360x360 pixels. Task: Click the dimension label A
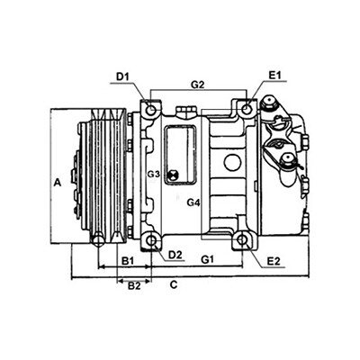pyautogui.click(x=58, y=182)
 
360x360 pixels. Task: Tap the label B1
pyautogui.click(x=128, y=261)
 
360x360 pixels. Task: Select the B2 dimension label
pyautogui.click(x=134, y=286)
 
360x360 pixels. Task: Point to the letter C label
pyautogui.click(x=174, y=284)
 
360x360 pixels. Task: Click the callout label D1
pyautogui.click(x=122, y=77)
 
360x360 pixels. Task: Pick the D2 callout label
pyautogui.click(x=175, y=255)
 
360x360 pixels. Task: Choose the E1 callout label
pyautogui.click(x=274, y=76)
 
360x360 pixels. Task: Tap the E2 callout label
pyautogui.click(x=274, y=261)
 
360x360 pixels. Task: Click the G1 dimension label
pyautogui.click(x=207, y=259)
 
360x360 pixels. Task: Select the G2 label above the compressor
pyautogui.click(x=198, y=85)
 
